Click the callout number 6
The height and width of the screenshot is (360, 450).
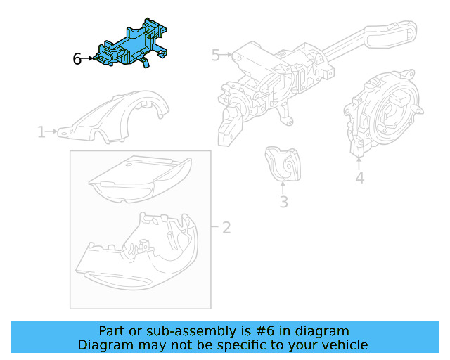pos(77,59)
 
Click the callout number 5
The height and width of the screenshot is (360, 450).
pos(216,55)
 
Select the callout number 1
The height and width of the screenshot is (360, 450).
pos(41,131)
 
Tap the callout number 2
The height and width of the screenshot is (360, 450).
pos(226,228)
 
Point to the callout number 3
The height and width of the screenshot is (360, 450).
pos(283,202)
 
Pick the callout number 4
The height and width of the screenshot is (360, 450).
pos(359,177)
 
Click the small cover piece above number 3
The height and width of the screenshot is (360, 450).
pos(283,165)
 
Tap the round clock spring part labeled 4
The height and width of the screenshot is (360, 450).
pos(384,113)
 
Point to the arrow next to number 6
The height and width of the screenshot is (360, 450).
pos(87,58)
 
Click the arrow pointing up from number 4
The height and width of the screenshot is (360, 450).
pos(359,163)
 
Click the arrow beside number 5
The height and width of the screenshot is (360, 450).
pos(226,54)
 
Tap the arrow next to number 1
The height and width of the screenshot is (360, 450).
pos(52,131)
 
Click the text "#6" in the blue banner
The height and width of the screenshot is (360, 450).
pos(265,331)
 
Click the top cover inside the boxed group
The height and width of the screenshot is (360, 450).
pos(140,179)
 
